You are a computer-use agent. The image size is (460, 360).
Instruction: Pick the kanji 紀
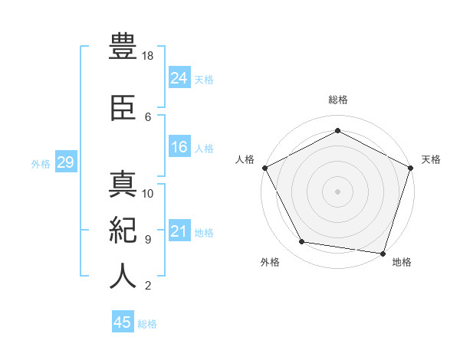pos(123,230)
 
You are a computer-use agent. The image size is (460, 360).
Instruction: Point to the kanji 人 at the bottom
pos(123,276)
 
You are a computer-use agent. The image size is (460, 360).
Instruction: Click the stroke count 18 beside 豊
pos(149,56)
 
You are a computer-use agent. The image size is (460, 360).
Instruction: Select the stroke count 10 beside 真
pos(149,193)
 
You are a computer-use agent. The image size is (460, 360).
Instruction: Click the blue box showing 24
pos(179,77)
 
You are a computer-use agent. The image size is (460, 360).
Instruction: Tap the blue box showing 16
pos(179,147)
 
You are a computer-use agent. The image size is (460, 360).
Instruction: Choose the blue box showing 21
pos(179,231)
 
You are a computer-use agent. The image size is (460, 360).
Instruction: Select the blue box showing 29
pos(65,162)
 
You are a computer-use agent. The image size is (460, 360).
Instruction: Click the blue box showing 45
pos(123,322)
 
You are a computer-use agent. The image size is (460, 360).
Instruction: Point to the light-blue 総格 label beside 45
pos(147,324)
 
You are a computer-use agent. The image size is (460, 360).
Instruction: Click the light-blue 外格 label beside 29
pos(41,163)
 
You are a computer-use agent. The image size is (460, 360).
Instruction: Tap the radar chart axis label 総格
pos(338,100)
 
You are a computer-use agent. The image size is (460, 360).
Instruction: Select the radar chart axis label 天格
pos(432,159)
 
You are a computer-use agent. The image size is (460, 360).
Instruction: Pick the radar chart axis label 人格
pos(245,159)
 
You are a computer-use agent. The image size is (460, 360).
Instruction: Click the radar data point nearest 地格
pos(383,253)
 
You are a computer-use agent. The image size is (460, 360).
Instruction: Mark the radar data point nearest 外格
pos(302,242)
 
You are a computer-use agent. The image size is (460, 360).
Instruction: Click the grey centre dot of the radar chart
pos(338,191)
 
